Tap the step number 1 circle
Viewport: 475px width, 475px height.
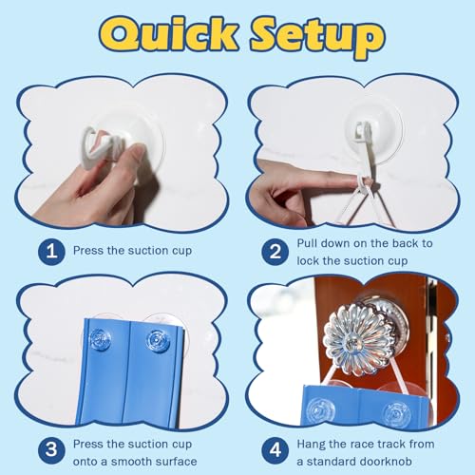click(51, 252)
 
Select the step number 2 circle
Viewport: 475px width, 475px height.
click(275, 252)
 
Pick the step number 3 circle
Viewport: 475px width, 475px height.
click(51, 450)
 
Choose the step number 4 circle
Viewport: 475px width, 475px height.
click(275, 450)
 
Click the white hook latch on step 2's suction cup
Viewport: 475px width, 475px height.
click(363, 130)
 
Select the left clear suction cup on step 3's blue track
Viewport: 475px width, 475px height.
click(101, 338)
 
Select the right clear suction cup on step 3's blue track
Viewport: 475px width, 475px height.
click(158, 340)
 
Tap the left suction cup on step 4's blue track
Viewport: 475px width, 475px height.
click(321, 410)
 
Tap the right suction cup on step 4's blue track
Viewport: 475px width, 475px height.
click(397, 413)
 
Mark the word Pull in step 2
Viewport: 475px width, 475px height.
click(306, 243)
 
